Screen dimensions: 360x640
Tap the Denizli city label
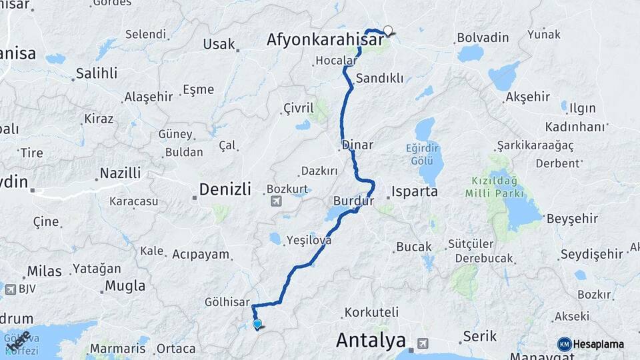[226, 190]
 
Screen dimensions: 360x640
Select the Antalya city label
[371, 340]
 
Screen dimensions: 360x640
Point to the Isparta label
[415, 191]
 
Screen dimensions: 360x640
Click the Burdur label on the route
[353, 200]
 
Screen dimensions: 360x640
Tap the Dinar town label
[357, 145]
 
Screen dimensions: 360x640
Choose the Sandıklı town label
[379, 78]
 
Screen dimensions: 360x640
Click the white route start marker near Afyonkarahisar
[388, 30]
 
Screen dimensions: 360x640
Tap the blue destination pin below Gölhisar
[257, 324]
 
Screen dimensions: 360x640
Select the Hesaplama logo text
[599, 344]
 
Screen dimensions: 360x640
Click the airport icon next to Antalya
[421, 343]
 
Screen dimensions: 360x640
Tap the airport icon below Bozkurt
[276, 201]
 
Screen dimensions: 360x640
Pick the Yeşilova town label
[308, 241]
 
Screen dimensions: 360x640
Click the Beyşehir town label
[571, 218]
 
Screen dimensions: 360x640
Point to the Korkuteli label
[371, 311]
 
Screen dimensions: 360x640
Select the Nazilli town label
[120, 173]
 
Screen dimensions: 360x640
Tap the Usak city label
[219, 44]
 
